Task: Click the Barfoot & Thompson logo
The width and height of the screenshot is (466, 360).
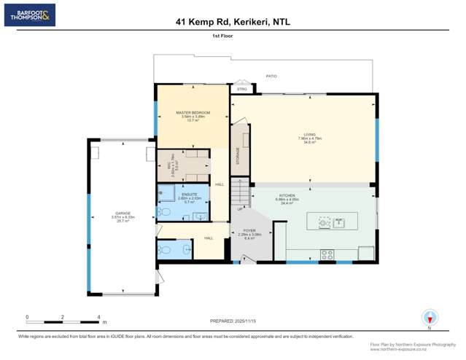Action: click(29, 15)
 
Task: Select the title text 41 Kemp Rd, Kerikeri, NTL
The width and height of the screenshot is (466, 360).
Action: click(233, 22)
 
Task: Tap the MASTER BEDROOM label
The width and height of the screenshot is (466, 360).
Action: click(193, 113)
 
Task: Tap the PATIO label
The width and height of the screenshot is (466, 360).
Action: click(271, 76)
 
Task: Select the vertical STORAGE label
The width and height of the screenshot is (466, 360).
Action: click(237, 156)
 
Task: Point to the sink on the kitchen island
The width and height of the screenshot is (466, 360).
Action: click(338, 223)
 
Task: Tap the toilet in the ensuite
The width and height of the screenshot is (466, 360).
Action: click(165, 212)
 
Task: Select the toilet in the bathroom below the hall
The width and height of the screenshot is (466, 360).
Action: click(165, 249)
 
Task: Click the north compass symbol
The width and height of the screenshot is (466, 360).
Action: click(430, 318)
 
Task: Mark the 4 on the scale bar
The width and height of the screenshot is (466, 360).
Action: click(98, 317)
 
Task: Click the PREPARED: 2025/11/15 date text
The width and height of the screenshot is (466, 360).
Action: click(233, 321)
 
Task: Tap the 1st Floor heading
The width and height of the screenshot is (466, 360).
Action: click(222, 35)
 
